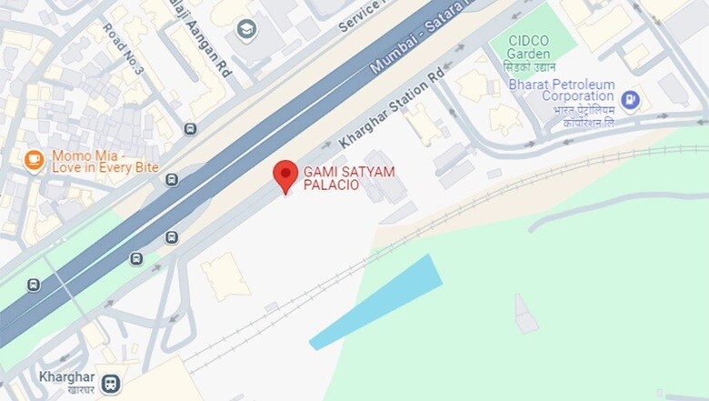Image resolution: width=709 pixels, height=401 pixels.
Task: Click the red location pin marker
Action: click(285, 175)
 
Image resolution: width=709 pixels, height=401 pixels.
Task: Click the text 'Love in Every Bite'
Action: click(105, 168)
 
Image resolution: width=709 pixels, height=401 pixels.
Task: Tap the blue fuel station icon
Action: click(630, 98)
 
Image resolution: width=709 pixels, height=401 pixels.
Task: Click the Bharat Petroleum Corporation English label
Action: click(562, 90)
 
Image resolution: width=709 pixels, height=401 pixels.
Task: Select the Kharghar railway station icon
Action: click(111, 383)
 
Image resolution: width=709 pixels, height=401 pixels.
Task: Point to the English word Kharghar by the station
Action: click(66, 376)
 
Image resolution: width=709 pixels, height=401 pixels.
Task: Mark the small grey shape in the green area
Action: click(525, 314)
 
